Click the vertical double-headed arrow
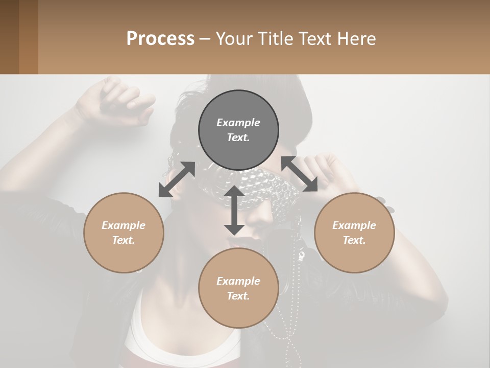(x=234, y=210)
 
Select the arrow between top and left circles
(x=177, y=179)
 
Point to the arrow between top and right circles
(x=300, y=174)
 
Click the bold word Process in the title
(x=160, y=38)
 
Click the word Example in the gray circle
(x=238, y=123)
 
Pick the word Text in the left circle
(x=124, y=240)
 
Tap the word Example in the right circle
(x=354, y=225)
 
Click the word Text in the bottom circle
(x=238, y=296)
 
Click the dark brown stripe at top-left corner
(x=9, y=37)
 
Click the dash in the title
(x=205, y=38)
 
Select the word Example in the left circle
(x=124, y=225)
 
